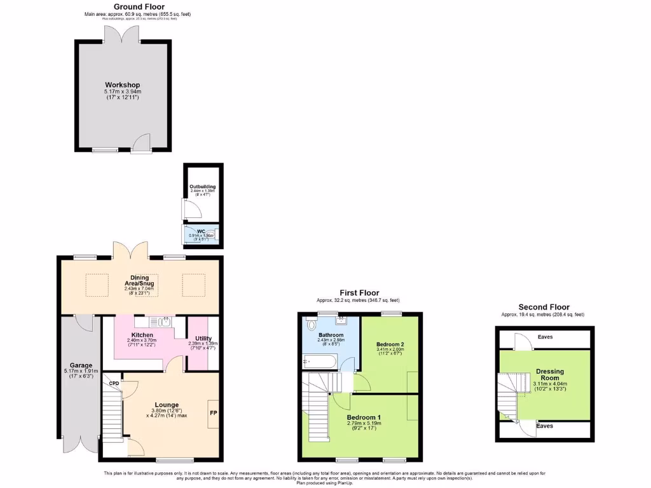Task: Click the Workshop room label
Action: pos(122,85)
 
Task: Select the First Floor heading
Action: pos(359,293)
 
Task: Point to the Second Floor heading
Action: pos(544,307)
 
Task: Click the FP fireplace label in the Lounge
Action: pos(213,412)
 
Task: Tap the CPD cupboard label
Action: pos(114,383)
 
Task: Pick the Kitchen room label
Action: pos(142,335)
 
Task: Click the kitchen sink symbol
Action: pos(165,322)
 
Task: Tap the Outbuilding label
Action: pos(202,186)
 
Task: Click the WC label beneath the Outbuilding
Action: pos(201,231)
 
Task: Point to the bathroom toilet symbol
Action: pos(310,325)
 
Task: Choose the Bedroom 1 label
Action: pos(362,417)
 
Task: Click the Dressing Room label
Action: pos(549,375)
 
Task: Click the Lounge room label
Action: pos(167,405)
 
